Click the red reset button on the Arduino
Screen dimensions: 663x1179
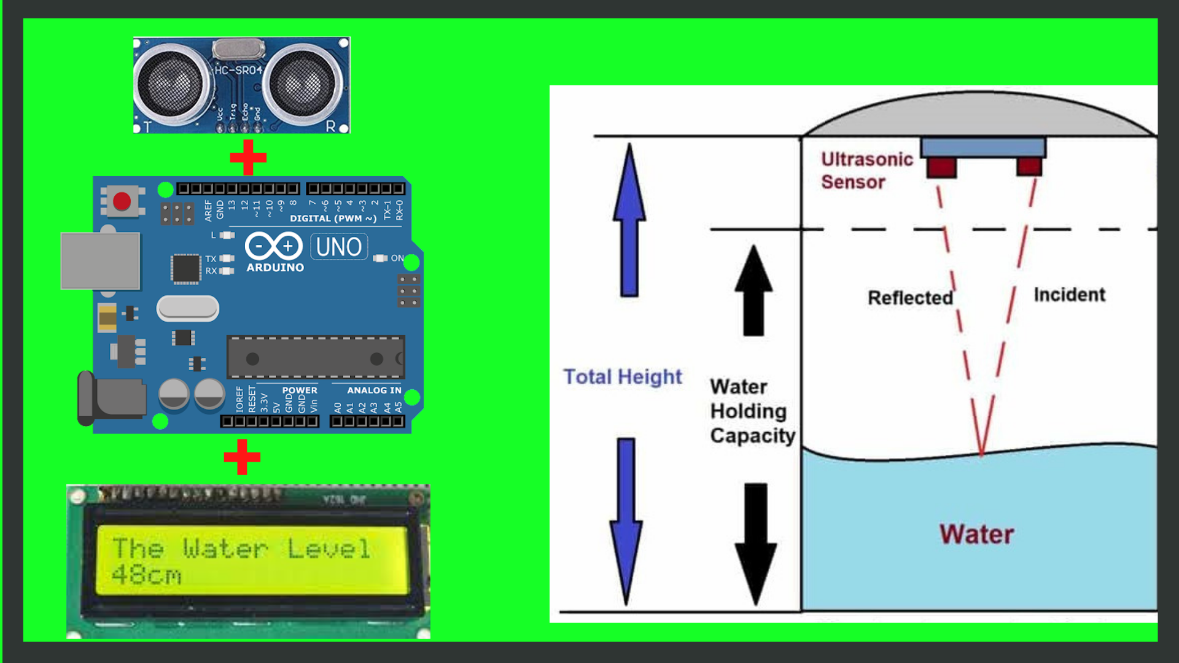click(x=122, y=201)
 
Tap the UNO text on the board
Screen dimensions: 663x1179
click(x=339, y=247)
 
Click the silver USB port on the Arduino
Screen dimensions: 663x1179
click(x=100, y=261)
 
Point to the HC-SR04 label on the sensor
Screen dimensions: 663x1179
click(x=238, y=70)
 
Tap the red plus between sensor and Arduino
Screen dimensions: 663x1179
click(x=248, y=157)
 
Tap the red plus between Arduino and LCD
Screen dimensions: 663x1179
click(x=242, y=457)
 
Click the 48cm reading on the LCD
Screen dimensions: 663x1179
click(x=147, y=575)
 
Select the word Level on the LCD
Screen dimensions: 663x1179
click(x=329, y=548)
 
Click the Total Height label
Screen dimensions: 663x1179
click(x=623, y=376)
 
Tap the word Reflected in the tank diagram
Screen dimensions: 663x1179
click(x=910, y=298)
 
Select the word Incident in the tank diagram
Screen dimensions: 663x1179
click(x=1069, y=295)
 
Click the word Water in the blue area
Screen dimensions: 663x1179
click(x=976, y=534)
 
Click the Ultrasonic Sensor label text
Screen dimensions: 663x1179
click(x=866, y=171)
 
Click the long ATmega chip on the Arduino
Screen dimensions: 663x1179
click(x=316, y=357)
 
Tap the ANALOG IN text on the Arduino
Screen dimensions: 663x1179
click(x=374, y=390)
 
